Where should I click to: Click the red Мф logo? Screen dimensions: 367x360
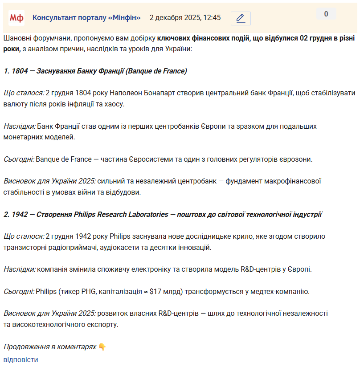[x=16, y=18]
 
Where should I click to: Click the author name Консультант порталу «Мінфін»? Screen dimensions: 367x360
[x=86, y=18]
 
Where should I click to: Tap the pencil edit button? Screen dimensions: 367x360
[x=241, y=18]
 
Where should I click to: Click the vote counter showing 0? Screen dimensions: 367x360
[x=326, y=14]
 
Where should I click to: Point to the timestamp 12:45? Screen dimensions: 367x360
[x=212, y=18]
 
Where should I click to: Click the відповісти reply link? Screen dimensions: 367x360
[x=20, y=359]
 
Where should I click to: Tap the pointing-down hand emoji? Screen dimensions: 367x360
[x=102, y=347]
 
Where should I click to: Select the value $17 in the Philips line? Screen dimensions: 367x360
[x=155, y=292]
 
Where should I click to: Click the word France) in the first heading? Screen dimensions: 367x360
[x=175, y=71]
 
